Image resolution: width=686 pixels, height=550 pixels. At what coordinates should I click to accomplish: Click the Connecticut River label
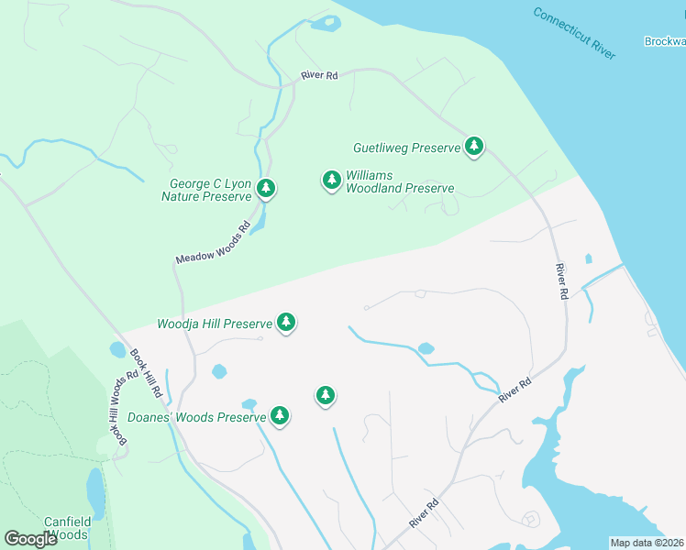point(573,34)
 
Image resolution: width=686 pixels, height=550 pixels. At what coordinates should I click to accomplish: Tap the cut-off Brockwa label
point(664,41)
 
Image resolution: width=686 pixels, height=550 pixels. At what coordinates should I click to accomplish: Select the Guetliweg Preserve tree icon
point(473,146)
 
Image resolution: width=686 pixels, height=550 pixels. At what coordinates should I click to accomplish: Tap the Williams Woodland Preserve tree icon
point(331,180)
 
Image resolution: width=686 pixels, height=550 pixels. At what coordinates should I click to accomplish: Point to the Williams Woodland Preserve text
point(399,181)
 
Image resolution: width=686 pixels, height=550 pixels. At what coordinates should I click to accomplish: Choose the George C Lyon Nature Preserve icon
point(266,189)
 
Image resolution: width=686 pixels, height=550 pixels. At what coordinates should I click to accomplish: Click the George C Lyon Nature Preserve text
point(207,190)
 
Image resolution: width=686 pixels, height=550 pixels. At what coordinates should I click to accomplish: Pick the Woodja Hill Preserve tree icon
point(286,323)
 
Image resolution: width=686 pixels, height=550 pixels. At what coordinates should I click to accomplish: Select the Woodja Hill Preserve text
point(215,324)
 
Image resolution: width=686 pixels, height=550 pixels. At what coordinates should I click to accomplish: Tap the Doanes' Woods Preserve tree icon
point(280,416)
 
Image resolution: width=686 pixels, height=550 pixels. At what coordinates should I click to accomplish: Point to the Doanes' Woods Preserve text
point(195,417)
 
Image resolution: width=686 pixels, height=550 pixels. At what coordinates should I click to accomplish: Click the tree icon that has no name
point(325,395)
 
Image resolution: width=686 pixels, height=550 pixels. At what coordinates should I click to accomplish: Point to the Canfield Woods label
point(66,528)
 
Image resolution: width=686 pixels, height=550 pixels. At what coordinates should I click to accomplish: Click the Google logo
point(30,539)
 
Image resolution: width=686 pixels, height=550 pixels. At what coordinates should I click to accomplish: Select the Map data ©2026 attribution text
point(647,543)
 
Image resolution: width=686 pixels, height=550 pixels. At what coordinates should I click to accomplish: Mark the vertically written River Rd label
point(561,282)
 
